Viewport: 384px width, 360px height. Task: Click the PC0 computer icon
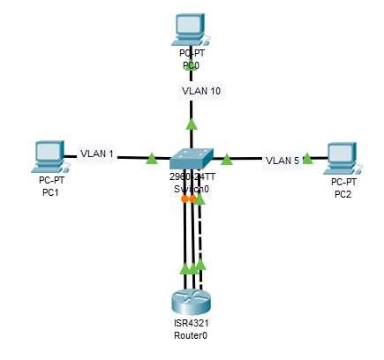190,30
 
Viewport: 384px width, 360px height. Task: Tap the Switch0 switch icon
191,159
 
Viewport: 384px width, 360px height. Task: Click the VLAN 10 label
200,91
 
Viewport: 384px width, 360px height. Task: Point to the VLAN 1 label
98,154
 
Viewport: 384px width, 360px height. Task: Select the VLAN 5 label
282,161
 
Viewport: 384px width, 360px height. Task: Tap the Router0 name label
191,335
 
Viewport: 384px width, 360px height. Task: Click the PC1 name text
50,193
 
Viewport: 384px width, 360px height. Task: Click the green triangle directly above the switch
191,126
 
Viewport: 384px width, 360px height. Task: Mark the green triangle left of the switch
152,160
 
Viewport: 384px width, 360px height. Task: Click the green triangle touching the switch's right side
227,160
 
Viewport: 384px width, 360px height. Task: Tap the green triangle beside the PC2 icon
307,160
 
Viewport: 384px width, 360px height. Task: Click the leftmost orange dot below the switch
184,199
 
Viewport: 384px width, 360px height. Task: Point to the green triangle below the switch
200,198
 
